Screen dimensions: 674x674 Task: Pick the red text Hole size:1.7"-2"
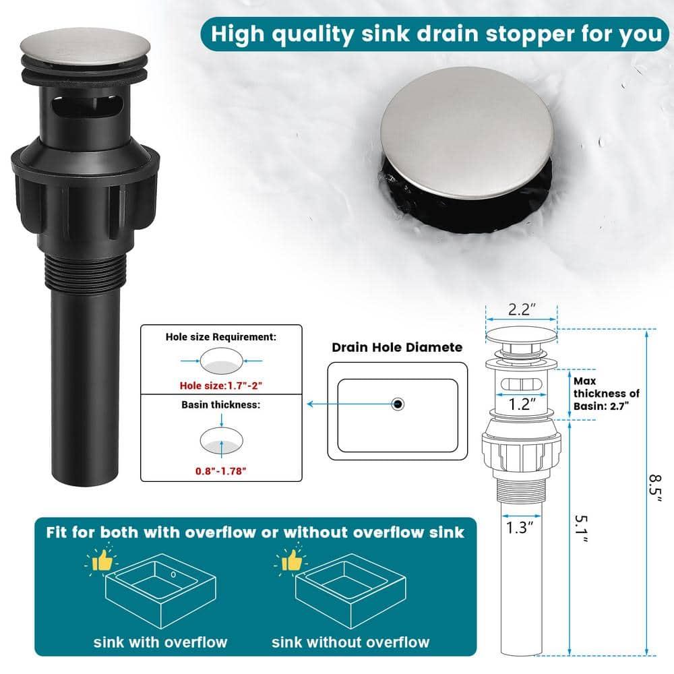(221, 386)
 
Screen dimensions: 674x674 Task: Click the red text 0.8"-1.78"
(221, 469)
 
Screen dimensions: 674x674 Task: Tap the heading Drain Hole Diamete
(397, 347)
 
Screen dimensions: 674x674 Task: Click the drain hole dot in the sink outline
(398, 404)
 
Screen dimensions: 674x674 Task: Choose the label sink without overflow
(350, 641)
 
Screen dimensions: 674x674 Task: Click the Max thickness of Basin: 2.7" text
(606, 393)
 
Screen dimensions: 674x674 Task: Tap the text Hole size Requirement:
(221, 336)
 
